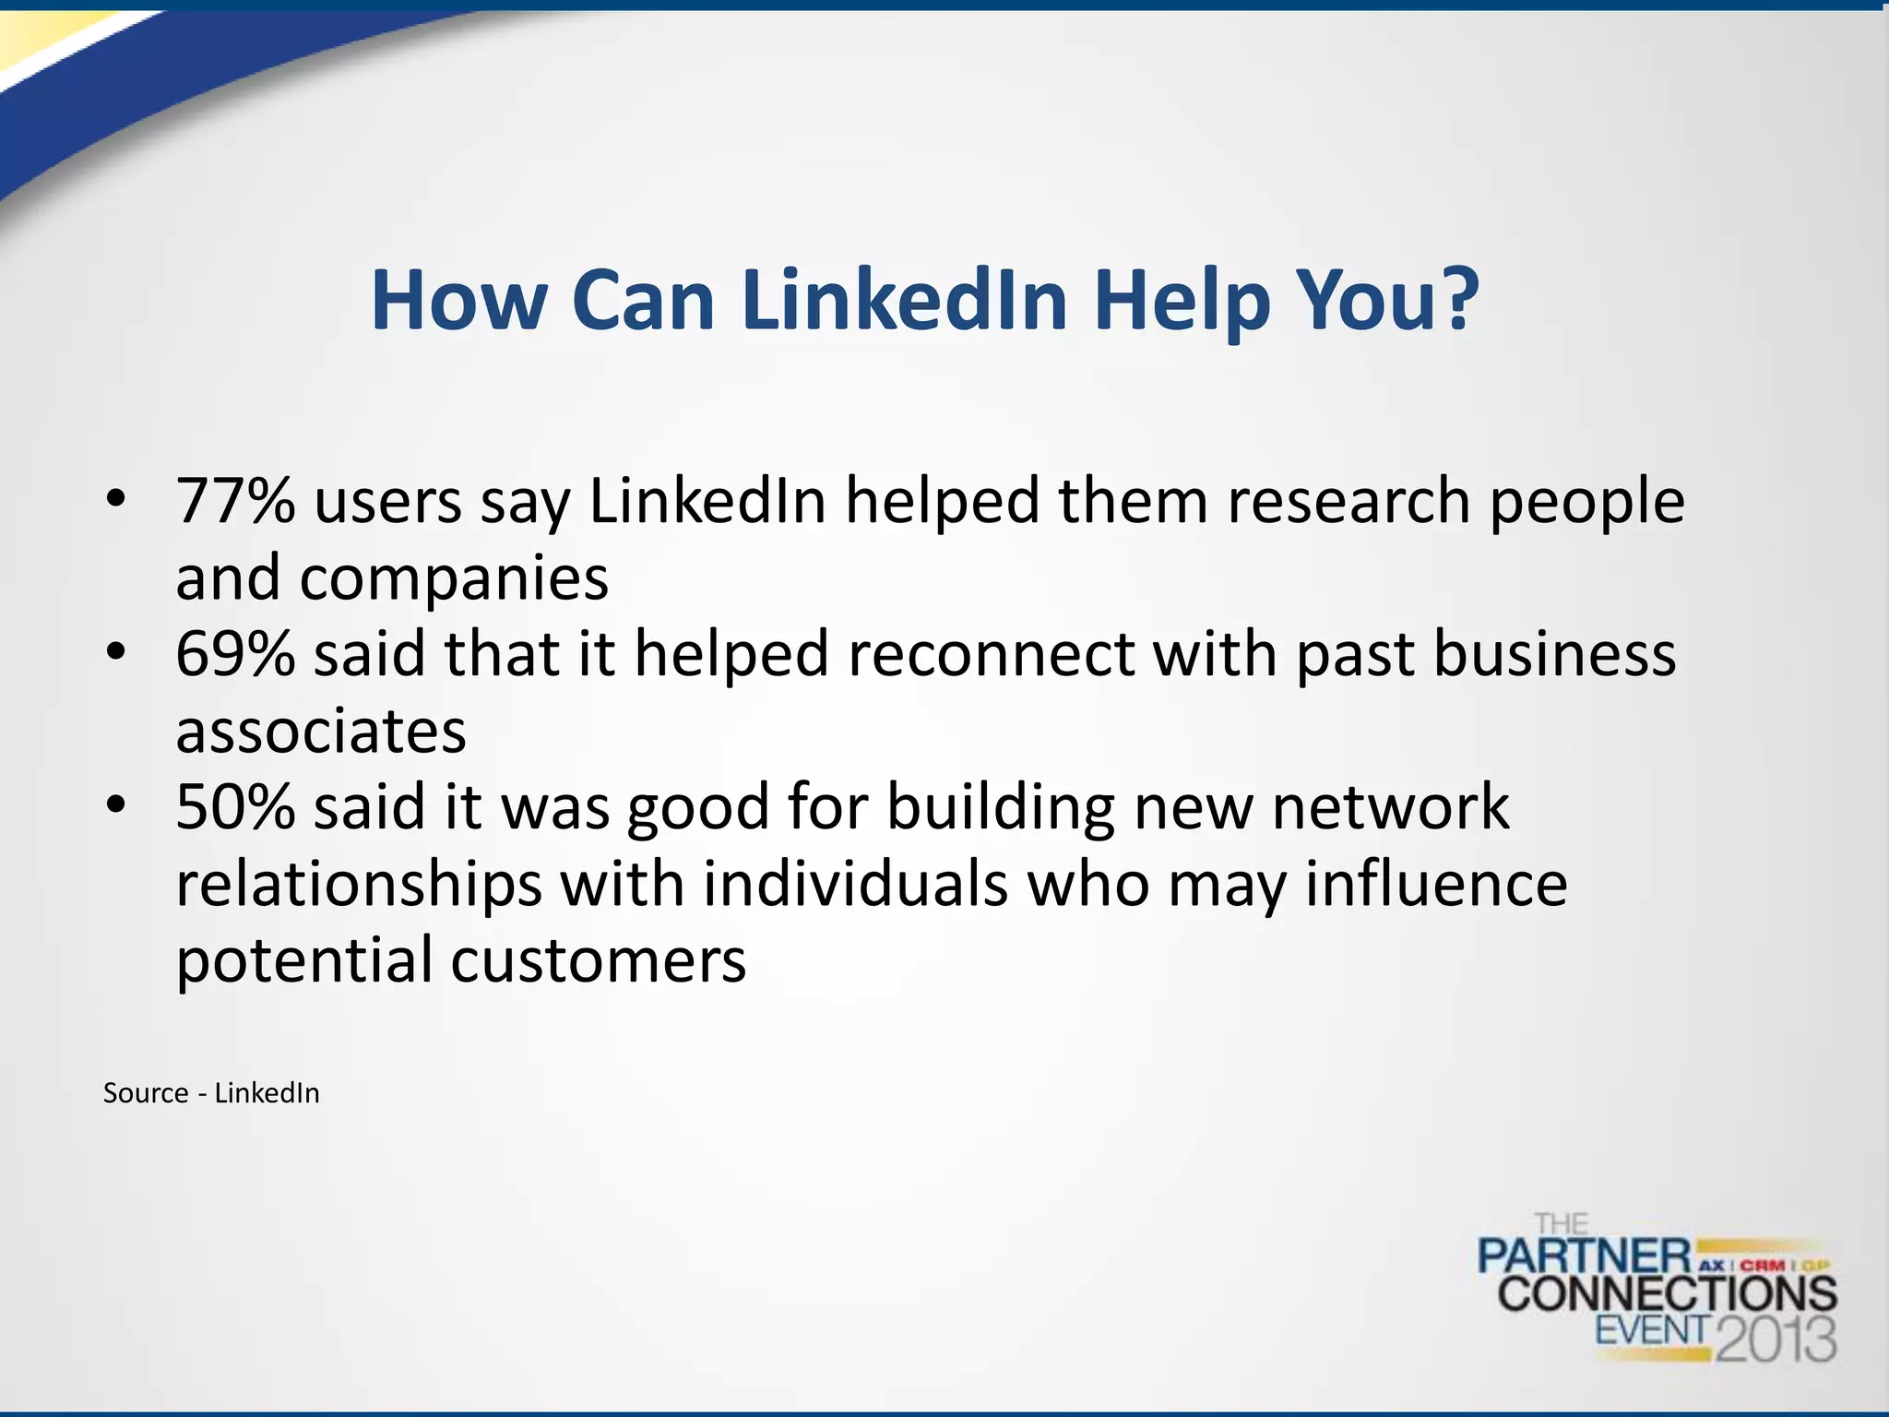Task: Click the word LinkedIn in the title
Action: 904,300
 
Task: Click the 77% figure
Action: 235,501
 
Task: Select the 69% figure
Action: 235,654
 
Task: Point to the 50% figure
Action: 235,807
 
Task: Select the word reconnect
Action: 991,655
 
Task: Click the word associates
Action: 321,732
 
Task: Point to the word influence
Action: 1436,884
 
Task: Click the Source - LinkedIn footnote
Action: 211,1093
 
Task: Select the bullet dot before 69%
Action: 115,652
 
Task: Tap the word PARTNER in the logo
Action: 1584,1256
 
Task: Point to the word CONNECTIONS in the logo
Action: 1667,1293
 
